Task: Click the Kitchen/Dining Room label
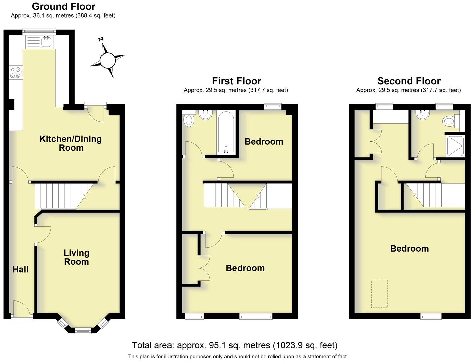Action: (x=71, y=143)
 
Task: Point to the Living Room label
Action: (x=76, y=257)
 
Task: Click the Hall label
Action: (x=20, y=269)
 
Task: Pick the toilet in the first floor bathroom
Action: (x=189, y=120)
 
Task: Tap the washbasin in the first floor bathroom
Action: (x=206, y=115)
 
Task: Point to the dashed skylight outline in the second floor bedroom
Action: (x=379, y=294)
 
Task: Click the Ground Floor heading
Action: (x=64, y=6)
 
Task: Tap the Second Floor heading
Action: (x=409, y=81)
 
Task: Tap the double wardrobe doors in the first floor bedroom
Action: (x=204, y=268)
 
